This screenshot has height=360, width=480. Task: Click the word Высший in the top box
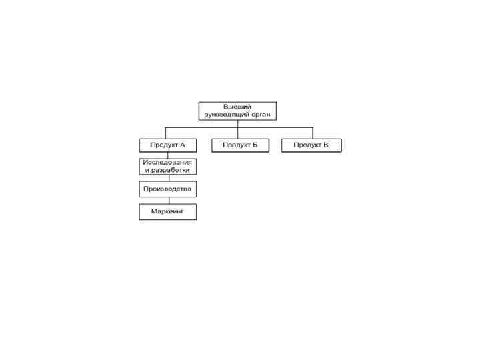pos(237,107)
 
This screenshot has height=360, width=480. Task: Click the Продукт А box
pos(167,145)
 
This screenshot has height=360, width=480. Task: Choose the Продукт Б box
pos(240,145)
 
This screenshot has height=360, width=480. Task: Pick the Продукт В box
pos(311,145)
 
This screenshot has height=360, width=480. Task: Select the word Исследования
pos(167,163)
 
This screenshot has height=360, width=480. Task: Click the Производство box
pos(167,189)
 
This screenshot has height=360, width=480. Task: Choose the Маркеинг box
pos(167,212)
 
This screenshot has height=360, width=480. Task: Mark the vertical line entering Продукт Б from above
pos(238,133)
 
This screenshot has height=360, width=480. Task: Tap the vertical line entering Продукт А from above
pos(166,133)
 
